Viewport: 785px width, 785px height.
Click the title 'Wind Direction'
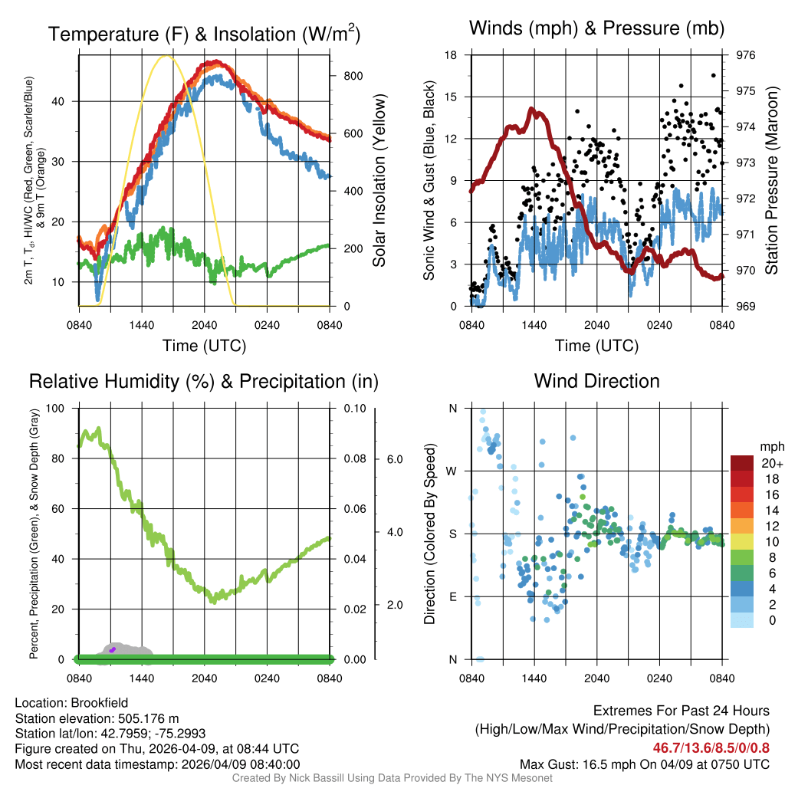pos(596,381)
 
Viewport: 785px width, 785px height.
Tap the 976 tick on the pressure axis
pos(747,55)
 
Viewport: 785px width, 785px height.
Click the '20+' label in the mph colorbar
pos(770,463)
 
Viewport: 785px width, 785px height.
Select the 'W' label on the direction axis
pos(453,471)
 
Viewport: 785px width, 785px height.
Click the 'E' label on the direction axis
pos(453,596)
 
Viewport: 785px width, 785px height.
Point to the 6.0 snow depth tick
pos(392,459)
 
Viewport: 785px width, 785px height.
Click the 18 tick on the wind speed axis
pos(452,55)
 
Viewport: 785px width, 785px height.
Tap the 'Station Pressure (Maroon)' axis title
pos(772,180)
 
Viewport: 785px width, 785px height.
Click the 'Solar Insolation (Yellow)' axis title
pos(379,180)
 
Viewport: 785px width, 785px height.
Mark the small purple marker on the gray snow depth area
pos(112,649)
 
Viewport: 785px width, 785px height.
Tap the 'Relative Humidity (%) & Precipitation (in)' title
pos(203,381)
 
